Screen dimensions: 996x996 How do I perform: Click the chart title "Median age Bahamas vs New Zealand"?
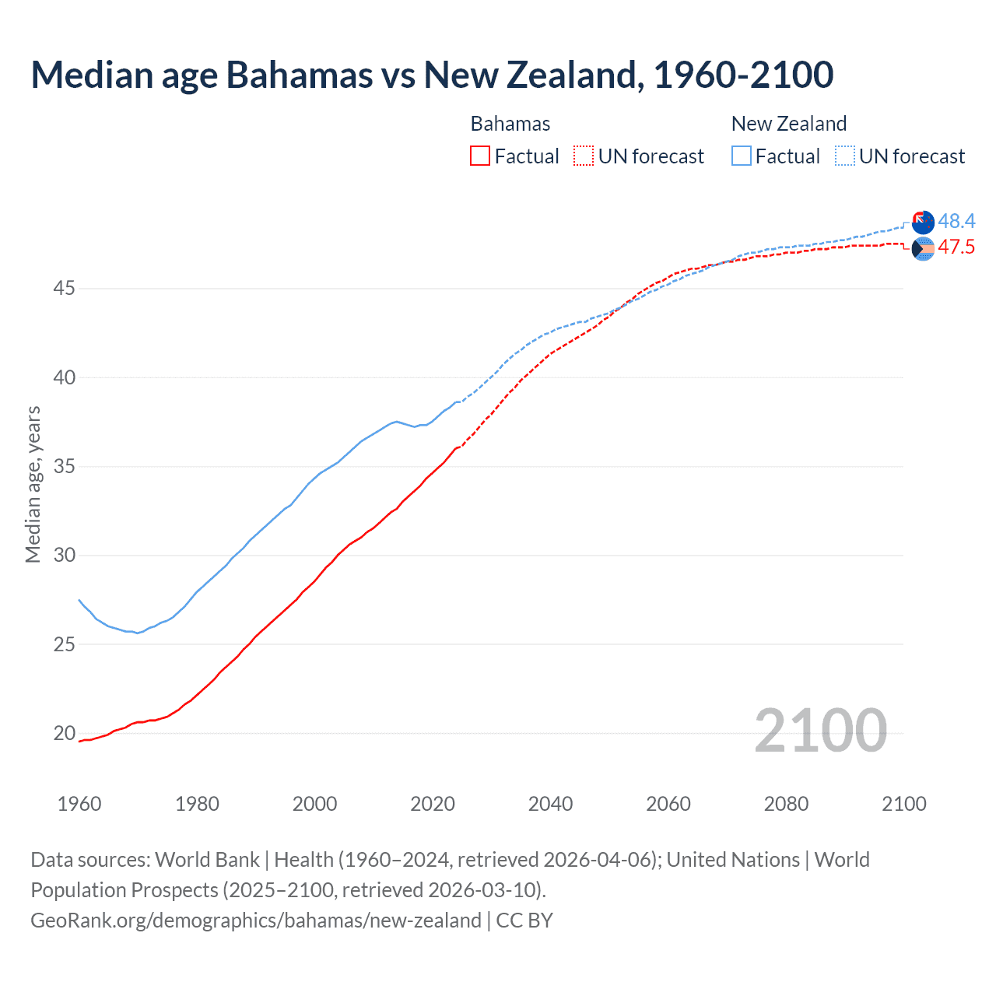coord(432,75)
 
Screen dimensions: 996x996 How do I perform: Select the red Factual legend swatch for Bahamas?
coord(480,156)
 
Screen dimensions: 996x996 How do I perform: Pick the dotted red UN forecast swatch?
coord(584,156)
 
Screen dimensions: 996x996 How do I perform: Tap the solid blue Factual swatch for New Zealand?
coord(742,156)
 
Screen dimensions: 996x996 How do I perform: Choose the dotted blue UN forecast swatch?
coord(845,156)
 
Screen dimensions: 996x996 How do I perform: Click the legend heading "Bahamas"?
coord(510,124)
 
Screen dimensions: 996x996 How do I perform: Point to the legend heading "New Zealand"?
coord(788,124)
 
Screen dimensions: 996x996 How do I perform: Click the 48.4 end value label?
coord(956,222)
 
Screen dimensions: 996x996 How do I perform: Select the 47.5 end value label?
coord(956,247)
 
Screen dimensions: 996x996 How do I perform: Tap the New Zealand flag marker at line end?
coord(923,223)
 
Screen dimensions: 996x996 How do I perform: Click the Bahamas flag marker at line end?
coord(923,249)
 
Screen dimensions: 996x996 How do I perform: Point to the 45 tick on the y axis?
coord(64,289)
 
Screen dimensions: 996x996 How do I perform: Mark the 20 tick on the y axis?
coord(64,733)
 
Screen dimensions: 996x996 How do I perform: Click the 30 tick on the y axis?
coord(64,556)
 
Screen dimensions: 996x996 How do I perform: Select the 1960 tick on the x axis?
coord(79,804)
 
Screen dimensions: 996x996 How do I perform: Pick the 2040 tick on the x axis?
coord(550,804)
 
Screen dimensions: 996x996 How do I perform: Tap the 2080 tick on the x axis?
coord(786,804)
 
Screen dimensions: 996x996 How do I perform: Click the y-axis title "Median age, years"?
coord(33,484)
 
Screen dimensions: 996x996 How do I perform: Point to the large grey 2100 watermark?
coord(820,731)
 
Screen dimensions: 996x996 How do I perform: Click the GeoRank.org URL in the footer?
coord(256,921)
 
